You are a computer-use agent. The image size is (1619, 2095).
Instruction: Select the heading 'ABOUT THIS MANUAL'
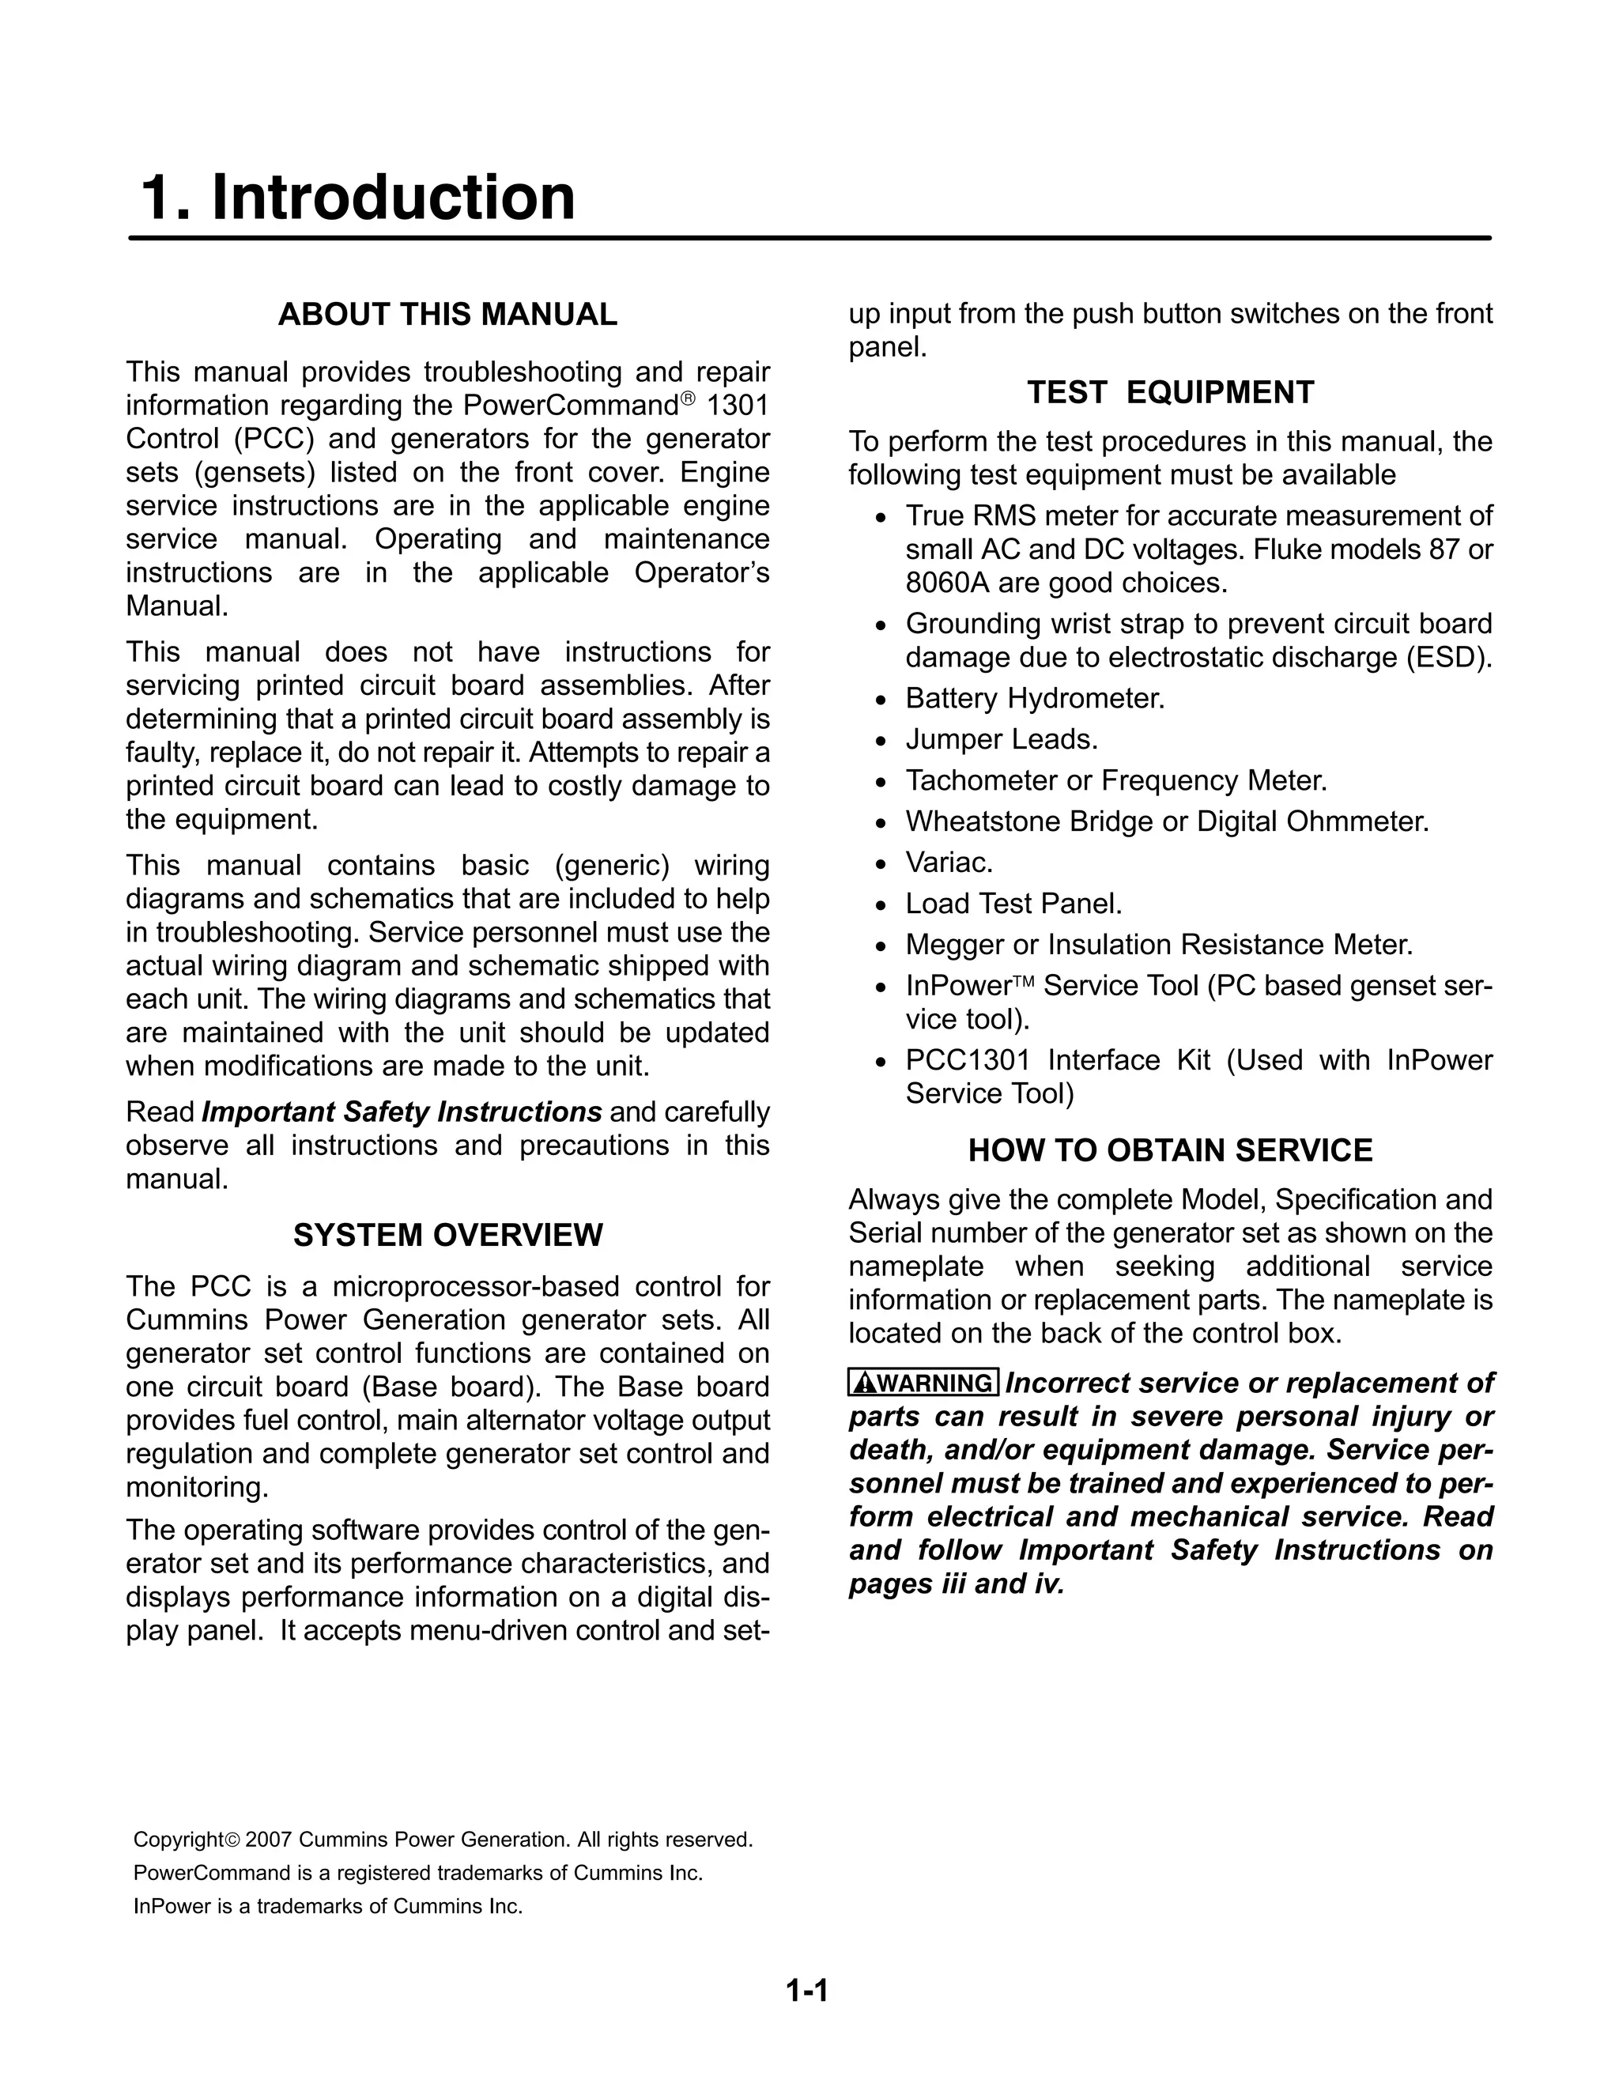(x=447, y=315)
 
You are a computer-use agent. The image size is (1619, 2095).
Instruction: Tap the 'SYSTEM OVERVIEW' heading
(x=447, y=1235)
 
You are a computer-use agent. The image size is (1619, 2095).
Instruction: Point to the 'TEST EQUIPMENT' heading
(x=1170, y=392)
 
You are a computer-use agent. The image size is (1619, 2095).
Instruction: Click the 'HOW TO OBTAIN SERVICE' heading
(x=1170, y=1150)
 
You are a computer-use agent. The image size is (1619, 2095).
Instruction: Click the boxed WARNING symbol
(x=923, y=1382)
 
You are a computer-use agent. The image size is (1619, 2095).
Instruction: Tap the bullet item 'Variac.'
(x=949, y=863)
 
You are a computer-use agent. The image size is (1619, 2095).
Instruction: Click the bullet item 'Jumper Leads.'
(x=1002, y=740)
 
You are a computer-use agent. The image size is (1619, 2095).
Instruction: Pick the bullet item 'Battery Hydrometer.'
(x=1035, y=698)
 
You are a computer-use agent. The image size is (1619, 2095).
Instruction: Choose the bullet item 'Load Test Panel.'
(x=1013, y=904)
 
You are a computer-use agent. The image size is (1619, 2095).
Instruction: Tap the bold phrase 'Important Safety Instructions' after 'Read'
(x=401, y=1112)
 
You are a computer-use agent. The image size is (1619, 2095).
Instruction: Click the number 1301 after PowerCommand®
(x=738, y=406)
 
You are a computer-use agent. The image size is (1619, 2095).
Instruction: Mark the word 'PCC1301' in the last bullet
(x=967, y=1060)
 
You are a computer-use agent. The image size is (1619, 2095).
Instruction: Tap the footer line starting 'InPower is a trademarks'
(x=328, y=1906)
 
